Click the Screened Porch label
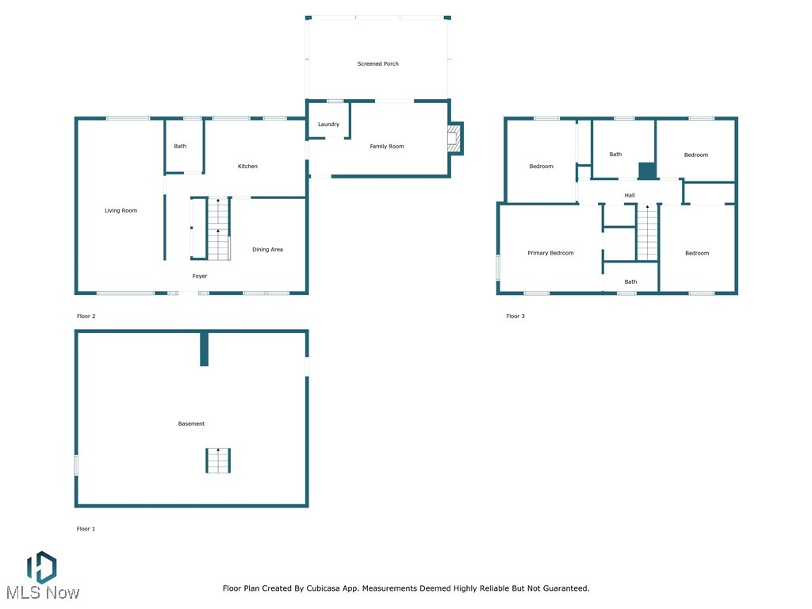point(377,63)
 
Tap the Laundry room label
point(328,124)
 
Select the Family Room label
point(387,146)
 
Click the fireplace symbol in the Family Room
point(454,138)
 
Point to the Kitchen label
point(247,167)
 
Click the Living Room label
point(121,211)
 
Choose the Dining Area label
point(267,250)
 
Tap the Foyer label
point(200,276)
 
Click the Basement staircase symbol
point(218,461)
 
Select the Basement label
point(191,424)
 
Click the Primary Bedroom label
point(550,253)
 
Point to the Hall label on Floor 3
point(630,195)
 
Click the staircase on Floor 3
point(647,232)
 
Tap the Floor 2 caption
point(86,316)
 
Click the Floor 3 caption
point(515,316)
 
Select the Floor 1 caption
point(86,529)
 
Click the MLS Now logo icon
point(41,568)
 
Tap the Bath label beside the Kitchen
point(180,146)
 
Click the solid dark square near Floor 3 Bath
point(647,170)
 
